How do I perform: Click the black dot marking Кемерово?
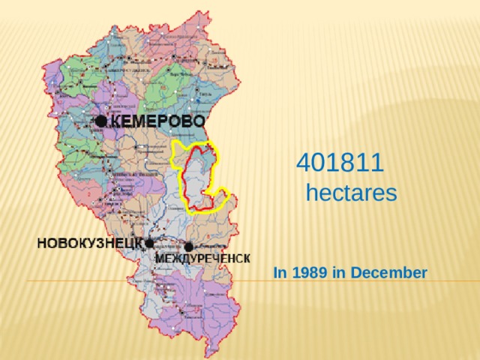(x=100, y=120)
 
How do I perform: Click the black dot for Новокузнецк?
(x=149, y=243)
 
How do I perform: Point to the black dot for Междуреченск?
(x=189, y=246)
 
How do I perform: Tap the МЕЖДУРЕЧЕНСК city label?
(x=202, y=258)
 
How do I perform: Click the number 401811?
(x=340, y=161)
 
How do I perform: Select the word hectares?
(x=351, y=193)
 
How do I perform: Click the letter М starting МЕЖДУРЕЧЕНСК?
(x=160, y=258)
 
